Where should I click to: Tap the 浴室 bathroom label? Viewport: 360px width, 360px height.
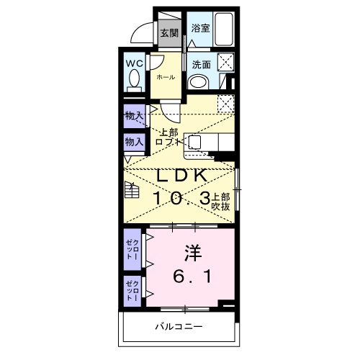point(200,28)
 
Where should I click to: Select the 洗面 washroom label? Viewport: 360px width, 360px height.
point(201,64)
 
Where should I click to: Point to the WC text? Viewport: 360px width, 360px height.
point(135,63)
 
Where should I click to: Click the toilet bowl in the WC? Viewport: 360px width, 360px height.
point(135,81)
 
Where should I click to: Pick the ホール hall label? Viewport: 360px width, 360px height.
point(165,77)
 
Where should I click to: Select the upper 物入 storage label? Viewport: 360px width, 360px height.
point(134,115)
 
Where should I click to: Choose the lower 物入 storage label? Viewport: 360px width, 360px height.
point(134,142)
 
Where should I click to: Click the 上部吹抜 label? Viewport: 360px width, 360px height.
point(220,201)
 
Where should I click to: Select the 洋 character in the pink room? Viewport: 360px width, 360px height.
point(191,253)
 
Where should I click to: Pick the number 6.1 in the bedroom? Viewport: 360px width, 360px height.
point(191,276)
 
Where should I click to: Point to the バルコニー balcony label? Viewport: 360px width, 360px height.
point(178,328)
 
